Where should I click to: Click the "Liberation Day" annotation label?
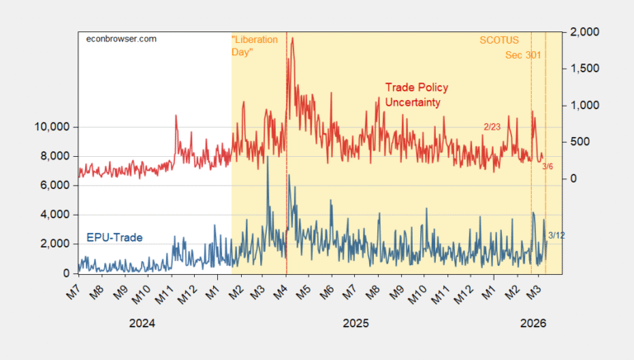[253, 45]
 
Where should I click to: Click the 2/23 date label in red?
[492, 126]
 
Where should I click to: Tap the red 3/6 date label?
[547, 167]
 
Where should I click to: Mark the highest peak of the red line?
[292, 38]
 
